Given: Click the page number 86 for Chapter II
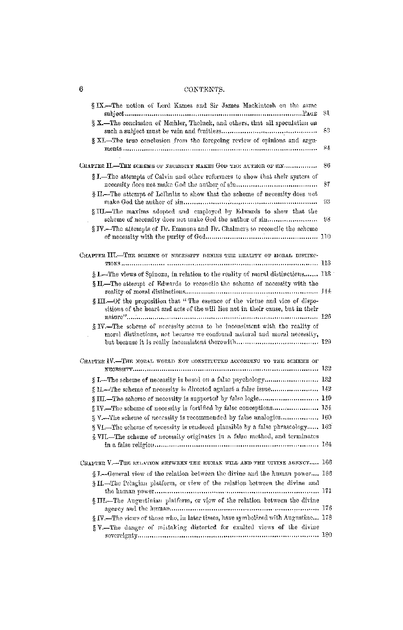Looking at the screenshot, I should coord(327,165).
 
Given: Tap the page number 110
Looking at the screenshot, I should coord(326,237).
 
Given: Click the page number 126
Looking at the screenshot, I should coord(326,317).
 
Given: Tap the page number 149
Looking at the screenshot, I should coord(326,398).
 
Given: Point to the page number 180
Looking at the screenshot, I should coord(326,535).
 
